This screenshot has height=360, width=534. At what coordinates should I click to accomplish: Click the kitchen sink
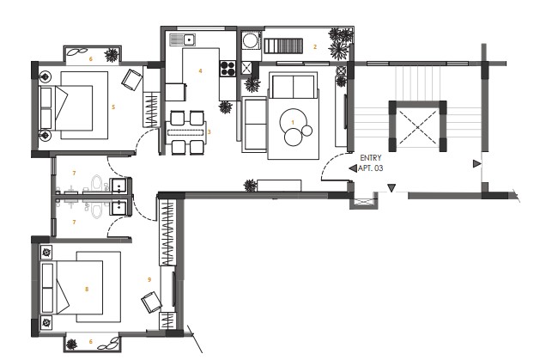[182, 40]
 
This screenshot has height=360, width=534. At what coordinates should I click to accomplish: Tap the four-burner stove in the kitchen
[228, 68]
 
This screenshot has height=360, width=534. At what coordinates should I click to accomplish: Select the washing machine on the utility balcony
[251, 40]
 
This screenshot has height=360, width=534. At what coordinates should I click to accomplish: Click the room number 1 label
[293, 122]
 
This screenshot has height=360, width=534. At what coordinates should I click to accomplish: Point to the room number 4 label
[201, 71]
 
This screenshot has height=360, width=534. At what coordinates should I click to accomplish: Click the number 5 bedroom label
[113, 107]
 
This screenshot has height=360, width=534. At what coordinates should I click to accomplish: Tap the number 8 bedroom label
[87, 289]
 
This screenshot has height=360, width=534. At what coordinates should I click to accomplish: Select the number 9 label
[149, 279]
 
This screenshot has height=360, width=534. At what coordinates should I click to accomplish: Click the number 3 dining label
[209, 131]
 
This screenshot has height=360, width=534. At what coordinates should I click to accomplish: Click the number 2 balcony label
[315, 46]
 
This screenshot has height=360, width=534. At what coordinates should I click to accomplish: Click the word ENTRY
[371, 158]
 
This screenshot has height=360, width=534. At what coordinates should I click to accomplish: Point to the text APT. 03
[371, 168]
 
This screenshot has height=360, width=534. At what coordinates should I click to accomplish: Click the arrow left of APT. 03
[353, 168]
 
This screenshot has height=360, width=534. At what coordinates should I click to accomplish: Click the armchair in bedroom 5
[132, 79]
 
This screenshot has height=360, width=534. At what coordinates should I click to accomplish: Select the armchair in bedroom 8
[151, 302]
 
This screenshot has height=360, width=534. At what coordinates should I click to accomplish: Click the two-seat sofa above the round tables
[293, 87]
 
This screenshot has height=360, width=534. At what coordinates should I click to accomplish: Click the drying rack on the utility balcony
[283, 46]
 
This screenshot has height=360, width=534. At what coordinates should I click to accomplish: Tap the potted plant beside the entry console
[251, 186]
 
